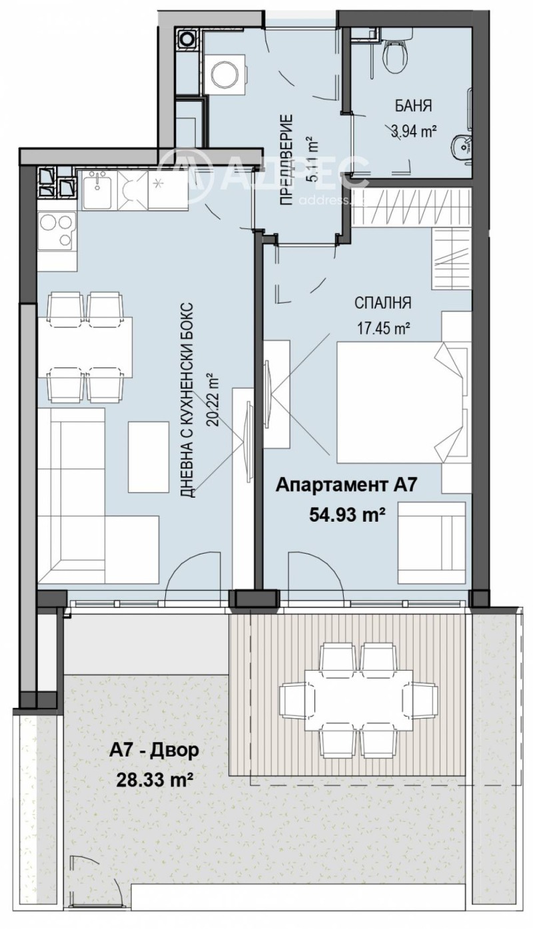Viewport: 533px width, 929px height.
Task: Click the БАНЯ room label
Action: tap(413, 106)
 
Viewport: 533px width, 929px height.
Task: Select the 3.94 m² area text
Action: tap(414, 132)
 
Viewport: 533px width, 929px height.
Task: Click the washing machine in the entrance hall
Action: tap(225, 75)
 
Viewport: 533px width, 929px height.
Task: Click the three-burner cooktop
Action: tap(57, 230)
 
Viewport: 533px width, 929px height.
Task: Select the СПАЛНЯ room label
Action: tap(382, 303)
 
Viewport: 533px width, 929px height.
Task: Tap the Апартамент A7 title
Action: tap(346, 485)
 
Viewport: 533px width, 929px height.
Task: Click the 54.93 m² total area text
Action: tap(345, 516)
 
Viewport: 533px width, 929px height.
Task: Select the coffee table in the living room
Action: tap(149, 457)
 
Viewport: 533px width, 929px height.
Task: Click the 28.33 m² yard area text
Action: tap(155, 781)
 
